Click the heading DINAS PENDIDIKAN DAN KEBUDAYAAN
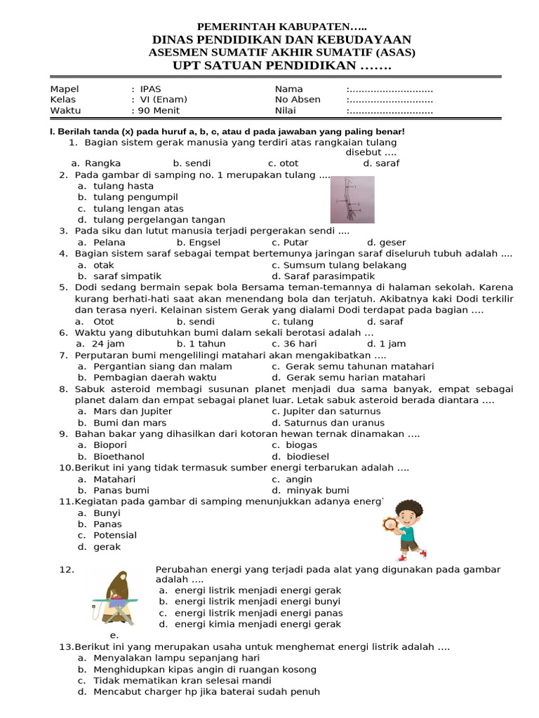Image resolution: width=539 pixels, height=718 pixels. (281, 39)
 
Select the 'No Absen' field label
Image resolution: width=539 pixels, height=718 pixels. (298, 100)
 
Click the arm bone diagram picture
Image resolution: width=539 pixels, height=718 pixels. (352, 199)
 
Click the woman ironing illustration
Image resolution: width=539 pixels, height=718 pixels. (113, 597)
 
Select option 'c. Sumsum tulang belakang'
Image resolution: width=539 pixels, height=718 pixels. (339, 265)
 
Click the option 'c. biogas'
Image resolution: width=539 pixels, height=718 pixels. (295, 445)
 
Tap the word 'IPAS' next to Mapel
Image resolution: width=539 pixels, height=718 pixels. (150, 89)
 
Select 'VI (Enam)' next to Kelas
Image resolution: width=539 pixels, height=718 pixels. (164, 100)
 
